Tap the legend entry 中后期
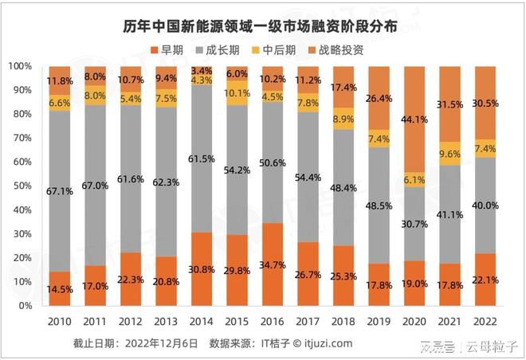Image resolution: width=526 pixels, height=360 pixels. point(290,49)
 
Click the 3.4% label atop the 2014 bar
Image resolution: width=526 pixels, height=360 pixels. point(202,69)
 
